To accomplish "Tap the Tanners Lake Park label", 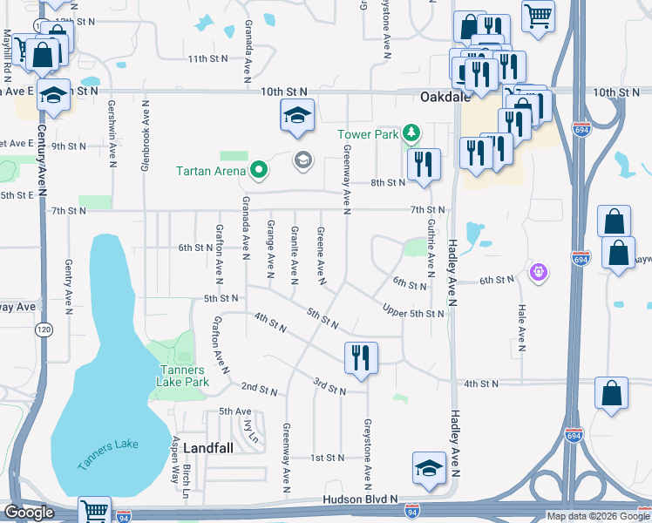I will (x=183, y=376).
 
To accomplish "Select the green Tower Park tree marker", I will (x=411, y=134).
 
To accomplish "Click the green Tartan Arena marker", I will (x=258, y=171).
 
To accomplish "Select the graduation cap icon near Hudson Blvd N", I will (x=428, y=468).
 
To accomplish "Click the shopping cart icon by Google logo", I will (x=95, y=511).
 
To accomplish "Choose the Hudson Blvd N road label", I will (x=359, y=499).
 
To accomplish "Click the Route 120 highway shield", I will (x=43, y=329).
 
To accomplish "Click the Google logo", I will (x=29, y=513).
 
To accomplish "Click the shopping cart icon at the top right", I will (x=539, y=15).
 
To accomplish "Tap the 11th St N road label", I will (x=207, y=58).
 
